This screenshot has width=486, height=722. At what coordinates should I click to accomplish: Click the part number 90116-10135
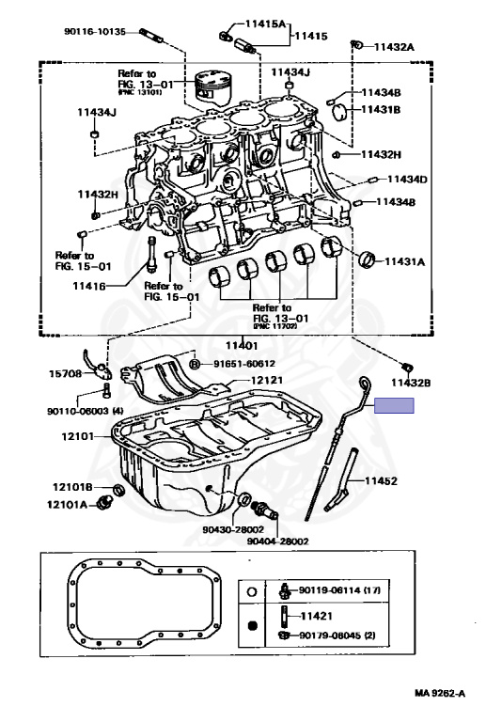(x=95, y=32)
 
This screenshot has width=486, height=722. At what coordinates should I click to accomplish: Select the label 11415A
(x=265, y=24)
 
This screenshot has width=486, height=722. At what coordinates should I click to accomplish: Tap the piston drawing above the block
(x=212, y=86)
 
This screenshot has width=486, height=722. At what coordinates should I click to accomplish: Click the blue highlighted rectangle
(x=394, y=406)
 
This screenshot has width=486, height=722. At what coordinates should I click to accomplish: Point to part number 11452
(x=381, y=480)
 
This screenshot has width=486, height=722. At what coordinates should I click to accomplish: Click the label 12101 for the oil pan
(x=78, y=435)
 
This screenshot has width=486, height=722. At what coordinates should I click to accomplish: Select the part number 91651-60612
(x=244, y=364)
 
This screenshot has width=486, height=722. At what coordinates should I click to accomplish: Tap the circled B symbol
(x=195, y=364)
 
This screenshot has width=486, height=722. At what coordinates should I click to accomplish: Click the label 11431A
(x=404, y=261)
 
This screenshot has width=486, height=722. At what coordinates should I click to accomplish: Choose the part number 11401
(x=242, y=345)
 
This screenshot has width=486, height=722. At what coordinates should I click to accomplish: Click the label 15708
(x=66, y=373)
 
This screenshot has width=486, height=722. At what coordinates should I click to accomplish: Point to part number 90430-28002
(x=233, y=529)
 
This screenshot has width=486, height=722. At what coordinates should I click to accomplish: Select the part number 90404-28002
(x=277, y=541)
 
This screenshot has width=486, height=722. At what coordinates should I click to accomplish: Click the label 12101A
(x=67, y=505)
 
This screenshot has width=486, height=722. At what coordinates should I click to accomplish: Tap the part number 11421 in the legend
(x=316, y=616)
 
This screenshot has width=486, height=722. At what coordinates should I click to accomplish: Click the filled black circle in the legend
(x=252, y=626)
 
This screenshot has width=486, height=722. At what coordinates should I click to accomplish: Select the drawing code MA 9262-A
(x=440, y=693)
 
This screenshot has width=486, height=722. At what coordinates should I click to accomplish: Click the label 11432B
(x=411, y=383)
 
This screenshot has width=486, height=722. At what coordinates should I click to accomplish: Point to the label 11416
(x=89, y=286)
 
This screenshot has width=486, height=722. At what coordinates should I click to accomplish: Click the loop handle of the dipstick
(x=365, y=383)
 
